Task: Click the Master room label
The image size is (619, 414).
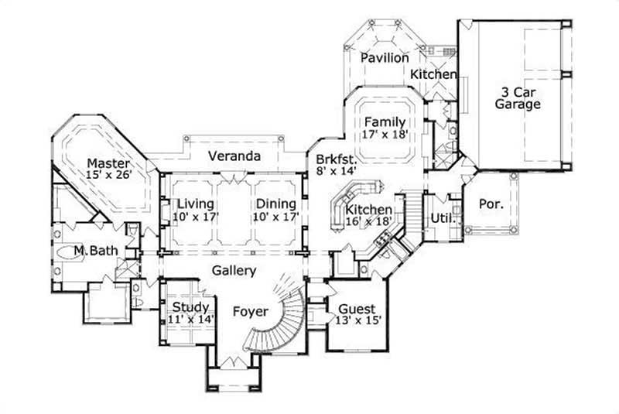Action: (x=108, y=163)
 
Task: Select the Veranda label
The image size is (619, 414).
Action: (x=234, y=156)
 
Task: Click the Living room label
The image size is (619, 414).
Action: (x=195, y=204)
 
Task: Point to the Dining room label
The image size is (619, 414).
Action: (x=275, y=204)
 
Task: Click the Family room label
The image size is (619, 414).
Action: (x=385, y=122)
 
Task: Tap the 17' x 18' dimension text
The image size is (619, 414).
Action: (x=385, y=135)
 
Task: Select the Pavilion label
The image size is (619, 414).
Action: (x=385, y=57)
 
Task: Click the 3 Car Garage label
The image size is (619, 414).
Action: (x=518, y=98)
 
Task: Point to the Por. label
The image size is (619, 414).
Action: (x=492, y=205)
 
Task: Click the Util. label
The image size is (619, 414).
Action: (x=442, y=217)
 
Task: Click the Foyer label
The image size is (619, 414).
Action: (x=251, y=312)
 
